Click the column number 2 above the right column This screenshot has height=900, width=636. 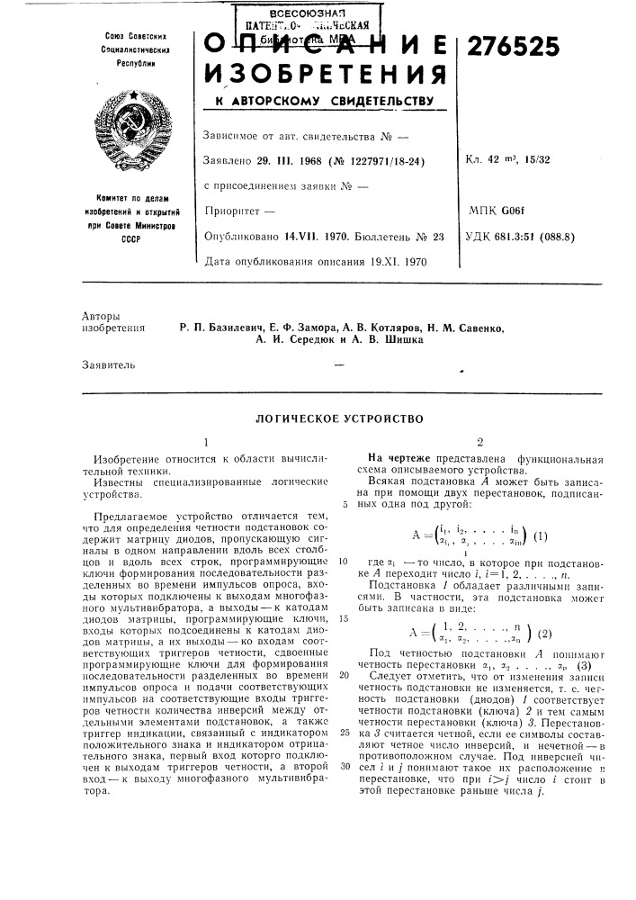479,443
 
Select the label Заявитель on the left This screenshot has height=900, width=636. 112,366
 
